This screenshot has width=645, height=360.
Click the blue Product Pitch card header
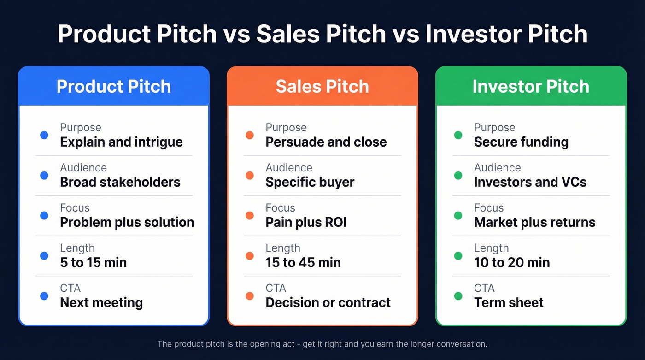[x=114, y=86]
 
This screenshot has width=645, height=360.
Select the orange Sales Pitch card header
[x=322, y=86]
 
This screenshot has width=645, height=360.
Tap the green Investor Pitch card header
[x=531, y=86]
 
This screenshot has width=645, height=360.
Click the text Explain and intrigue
[x=121, y=142]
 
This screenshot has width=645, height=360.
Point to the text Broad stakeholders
[x=120, y=182]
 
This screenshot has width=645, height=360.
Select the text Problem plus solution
[x=127, y=222]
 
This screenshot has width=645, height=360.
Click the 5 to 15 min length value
[x=93, y=262]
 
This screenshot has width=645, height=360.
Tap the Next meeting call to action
[x=101, y=302]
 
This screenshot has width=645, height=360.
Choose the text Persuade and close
[x=326, y=142]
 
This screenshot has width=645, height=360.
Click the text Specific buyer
[x=310, y=182]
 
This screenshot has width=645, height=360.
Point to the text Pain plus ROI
[x=306, y=222]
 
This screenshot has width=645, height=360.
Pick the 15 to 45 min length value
[x=303, y=262]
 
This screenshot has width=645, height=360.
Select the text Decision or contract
[x=328, y=302]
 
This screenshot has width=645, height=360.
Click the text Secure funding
[x=521, y=142]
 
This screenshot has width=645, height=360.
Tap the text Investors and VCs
[x=530, y=182]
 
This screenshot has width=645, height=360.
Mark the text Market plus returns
[x=534, y=222]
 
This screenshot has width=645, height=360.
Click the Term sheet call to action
[x=509, y=302]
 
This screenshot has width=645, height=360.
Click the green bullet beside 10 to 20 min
[x=458, y=256]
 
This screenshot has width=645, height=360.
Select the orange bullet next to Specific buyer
[x=250, y=176]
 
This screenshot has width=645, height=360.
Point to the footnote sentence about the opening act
[x=322, y=344]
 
